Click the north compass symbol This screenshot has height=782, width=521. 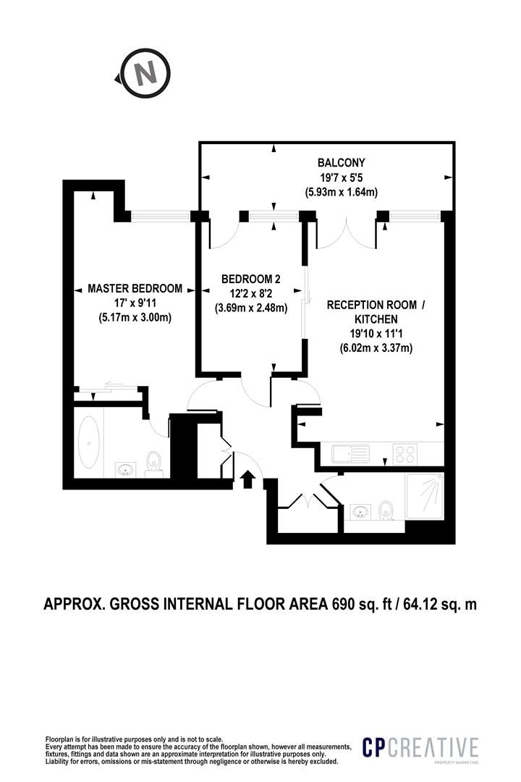click(145, 74)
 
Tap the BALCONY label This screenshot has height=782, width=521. click(341, 162)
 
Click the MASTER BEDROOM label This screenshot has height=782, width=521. click(135, 288)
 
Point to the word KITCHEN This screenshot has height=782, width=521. click(376, 319)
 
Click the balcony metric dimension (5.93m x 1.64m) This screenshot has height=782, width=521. click(341, 191)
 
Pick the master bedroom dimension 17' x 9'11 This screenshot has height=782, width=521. click(135, 302)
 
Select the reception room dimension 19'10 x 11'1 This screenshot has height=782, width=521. click(376, 334)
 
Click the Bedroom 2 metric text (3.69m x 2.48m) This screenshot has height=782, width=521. click(251, 308)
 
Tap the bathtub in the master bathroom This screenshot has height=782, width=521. click(89, 442)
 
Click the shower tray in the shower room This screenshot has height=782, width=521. click(424, 497)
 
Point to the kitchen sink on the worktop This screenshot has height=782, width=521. click(350, 453)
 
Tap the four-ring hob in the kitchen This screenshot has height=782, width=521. click(404, 454)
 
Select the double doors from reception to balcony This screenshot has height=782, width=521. click(347, 234)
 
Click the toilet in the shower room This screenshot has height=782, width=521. click(385, 510)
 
